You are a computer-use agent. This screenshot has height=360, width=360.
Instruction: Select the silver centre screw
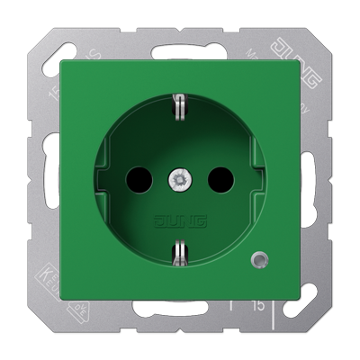179,181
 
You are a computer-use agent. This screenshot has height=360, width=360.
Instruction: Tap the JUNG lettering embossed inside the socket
180,221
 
